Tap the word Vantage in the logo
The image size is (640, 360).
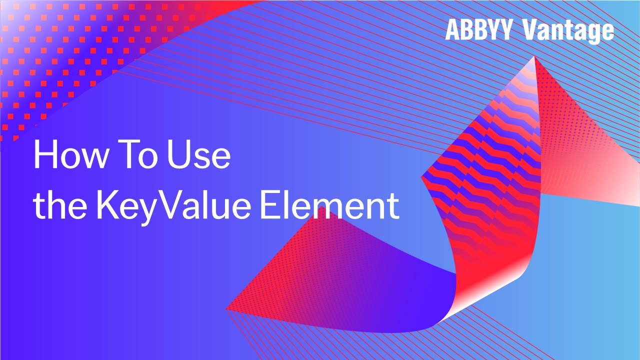[x=568, y=31]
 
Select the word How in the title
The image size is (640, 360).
[x=70, y=155]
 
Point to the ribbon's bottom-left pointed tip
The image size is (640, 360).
[x=227, y=308]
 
